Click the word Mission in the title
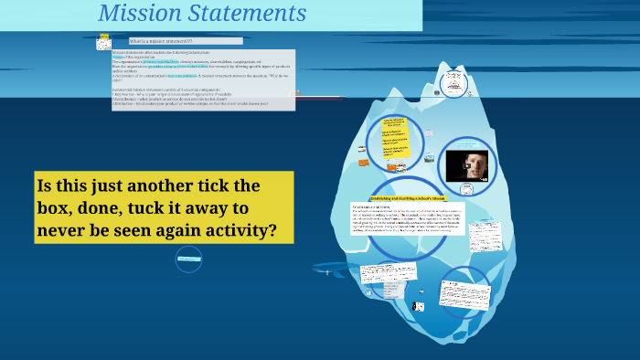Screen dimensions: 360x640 [134, 14]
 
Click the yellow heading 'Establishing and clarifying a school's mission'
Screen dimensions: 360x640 [407, 197]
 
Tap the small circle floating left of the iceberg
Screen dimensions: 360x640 [189, 259]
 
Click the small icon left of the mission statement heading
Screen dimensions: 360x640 [104, 42]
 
